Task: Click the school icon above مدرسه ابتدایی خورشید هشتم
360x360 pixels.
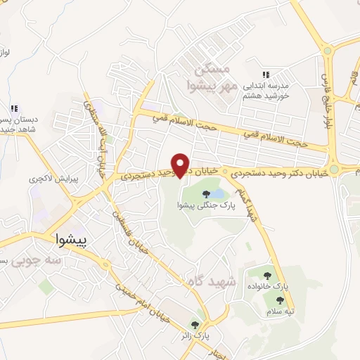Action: click(266, 74)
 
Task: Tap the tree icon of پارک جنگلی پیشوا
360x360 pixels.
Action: click(205, 193)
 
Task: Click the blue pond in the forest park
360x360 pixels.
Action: click(218, 193)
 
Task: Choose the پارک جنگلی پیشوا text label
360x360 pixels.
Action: click(198, 205)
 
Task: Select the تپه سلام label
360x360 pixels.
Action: click(284, 311)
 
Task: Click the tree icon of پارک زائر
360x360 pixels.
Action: click(195, 325)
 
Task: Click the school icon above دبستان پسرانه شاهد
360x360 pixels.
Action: click(13, 108)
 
